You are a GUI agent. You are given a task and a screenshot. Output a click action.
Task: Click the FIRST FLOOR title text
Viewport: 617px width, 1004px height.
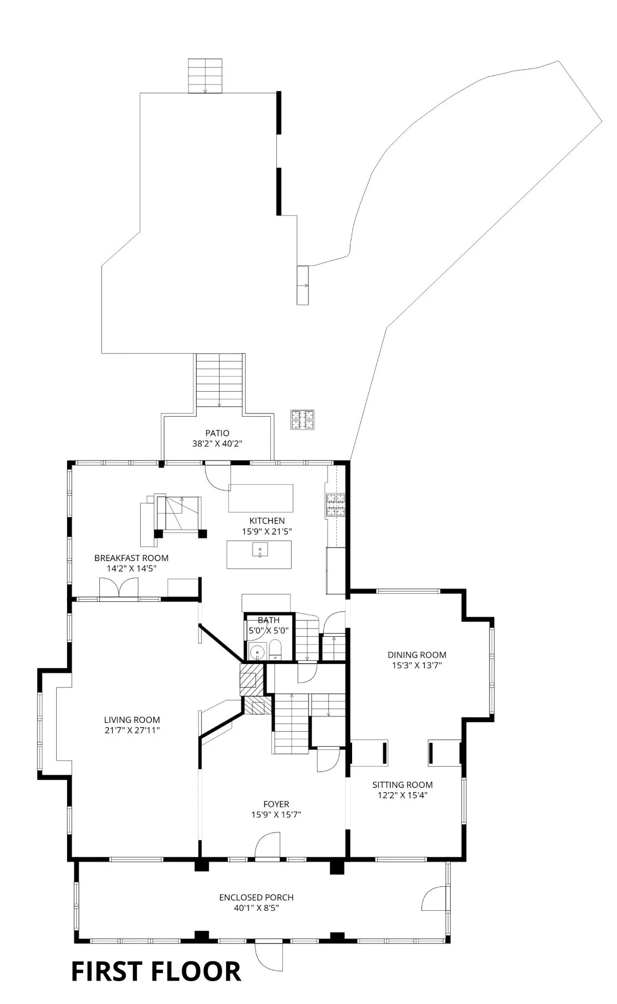(156, 971)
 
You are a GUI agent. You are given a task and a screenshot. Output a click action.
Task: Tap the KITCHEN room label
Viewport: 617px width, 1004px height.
(267, 521)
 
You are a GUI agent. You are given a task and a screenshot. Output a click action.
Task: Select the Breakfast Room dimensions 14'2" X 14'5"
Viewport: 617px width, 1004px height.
(131, 568)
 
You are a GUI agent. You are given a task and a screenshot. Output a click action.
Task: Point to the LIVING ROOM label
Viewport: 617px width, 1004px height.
(132, 720)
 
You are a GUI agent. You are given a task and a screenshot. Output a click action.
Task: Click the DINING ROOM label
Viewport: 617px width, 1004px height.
(417, 655)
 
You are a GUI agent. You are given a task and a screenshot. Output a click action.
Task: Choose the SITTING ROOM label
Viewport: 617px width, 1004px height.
(403, 784)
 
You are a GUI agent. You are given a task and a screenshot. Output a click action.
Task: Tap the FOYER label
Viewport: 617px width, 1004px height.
(276, 804)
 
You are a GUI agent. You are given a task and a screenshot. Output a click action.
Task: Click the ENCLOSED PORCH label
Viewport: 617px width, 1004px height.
(256, 897)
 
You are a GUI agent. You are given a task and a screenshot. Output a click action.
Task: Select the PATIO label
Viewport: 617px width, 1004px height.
(217, 434)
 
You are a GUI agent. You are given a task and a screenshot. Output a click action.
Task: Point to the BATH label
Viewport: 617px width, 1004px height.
(269, 620)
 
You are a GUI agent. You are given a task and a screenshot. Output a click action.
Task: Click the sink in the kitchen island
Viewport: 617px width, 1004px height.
(260, 550)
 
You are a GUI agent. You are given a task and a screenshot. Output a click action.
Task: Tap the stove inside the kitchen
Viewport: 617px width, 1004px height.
(336, 504)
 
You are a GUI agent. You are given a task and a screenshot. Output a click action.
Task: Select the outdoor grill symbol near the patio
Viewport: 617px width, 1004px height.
(303, 419)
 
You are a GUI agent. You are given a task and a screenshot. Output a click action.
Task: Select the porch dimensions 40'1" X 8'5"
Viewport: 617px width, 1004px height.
(256, 908)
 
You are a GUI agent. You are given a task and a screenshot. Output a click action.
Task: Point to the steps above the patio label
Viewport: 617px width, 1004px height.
(219, 380)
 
